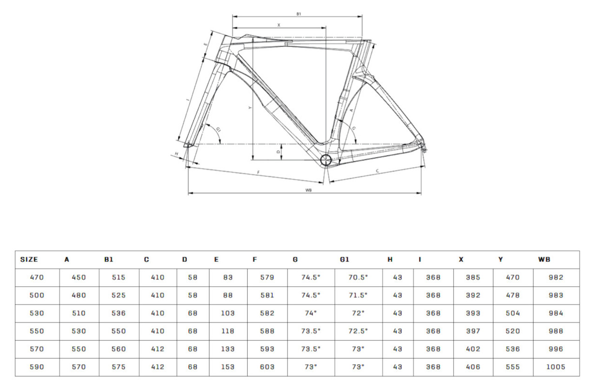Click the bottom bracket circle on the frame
(326, 161)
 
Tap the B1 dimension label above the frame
(299, 14)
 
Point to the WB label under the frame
(308, 190)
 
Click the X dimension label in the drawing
(279, 25)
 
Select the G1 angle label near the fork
(218, 130)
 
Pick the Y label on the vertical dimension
(250, 108)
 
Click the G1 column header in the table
(344, 260)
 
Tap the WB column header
(544, 260)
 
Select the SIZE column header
(29, 260)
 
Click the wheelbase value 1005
(555, 367)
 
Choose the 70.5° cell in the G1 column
(358, 277)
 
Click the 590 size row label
(37, 367)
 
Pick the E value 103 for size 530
(228, 313)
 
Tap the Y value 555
(513, 367)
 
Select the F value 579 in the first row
(267, 277)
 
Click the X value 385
(473, 277)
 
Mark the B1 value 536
(119, 313)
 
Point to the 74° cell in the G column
(311, 313)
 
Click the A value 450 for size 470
(79, 277)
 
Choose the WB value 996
(555, 349)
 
